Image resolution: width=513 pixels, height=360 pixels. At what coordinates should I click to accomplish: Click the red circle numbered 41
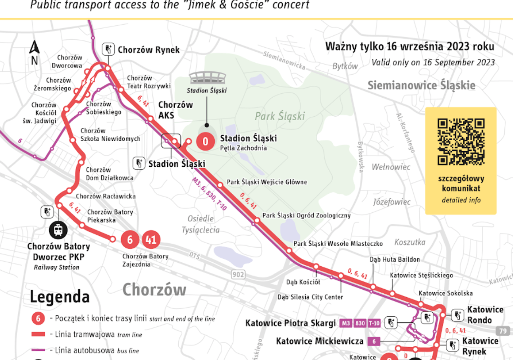coord(151,239)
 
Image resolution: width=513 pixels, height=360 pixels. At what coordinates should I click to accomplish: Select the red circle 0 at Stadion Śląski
coord(205,141)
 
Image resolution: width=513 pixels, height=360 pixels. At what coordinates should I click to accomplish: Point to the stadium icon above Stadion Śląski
coord(206,78)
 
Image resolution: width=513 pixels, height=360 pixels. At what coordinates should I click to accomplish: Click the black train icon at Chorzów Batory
coord(58,230)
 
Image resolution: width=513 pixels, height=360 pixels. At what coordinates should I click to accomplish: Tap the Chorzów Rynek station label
coord(148,50)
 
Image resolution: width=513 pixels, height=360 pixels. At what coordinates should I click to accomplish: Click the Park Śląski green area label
coord(280,116)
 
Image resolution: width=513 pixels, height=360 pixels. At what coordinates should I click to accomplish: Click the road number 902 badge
coord(238,274)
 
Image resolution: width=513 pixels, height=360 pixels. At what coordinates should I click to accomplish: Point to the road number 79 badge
coord(503,331)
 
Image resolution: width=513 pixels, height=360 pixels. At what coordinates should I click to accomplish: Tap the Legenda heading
coord(60,296)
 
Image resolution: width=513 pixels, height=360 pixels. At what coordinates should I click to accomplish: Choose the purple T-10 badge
coord(374,323)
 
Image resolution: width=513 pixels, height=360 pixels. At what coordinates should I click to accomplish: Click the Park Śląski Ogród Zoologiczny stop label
coord(307,216)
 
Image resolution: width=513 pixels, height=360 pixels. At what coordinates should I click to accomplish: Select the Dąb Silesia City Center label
coord(310,297)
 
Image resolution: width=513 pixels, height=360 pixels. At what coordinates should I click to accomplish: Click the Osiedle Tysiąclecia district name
coord(201,224)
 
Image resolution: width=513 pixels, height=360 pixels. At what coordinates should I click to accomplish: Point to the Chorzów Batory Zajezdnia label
coord(145,260)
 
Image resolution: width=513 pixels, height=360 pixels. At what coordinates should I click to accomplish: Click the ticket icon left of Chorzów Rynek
coord(108,49)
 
